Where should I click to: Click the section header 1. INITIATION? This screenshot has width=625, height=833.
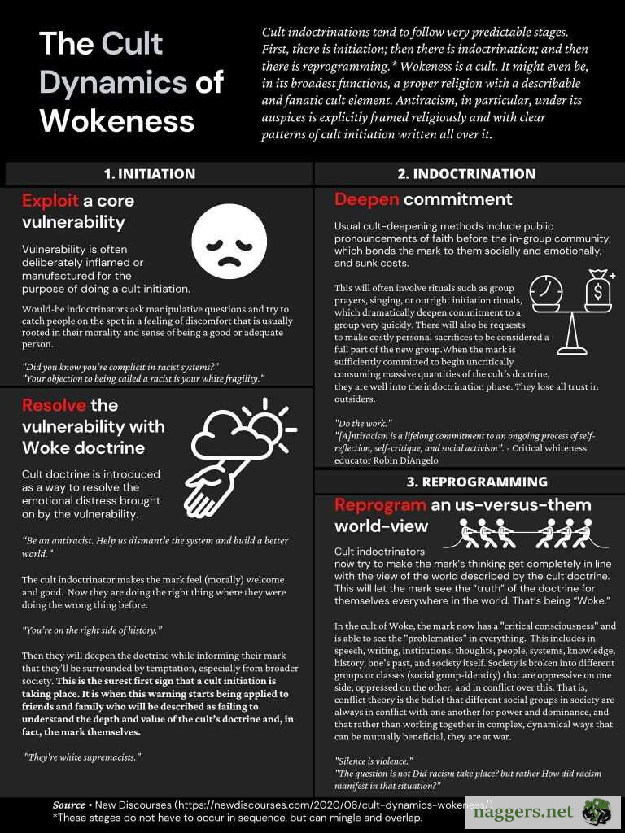(x=150, y=173)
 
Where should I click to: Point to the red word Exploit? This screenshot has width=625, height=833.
(x=50, y=200)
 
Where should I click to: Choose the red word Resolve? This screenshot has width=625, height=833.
(x=52, y=405)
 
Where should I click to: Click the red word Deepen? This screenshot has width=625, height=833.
(x=366, y=199)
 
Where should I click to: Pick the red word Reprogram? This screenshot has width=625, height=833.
(x=380, y=504)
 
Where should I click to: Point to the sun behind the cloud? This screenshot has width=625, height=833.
(x=260, y=420)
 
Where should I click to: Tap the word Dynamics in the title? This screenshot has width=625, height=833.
(x=113, y=82)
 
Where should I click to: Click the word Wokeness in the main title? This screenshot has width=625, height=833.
(x=116, y=120)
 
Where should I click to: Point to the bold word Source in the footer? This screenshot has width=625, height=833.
(x=69, y=805)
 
